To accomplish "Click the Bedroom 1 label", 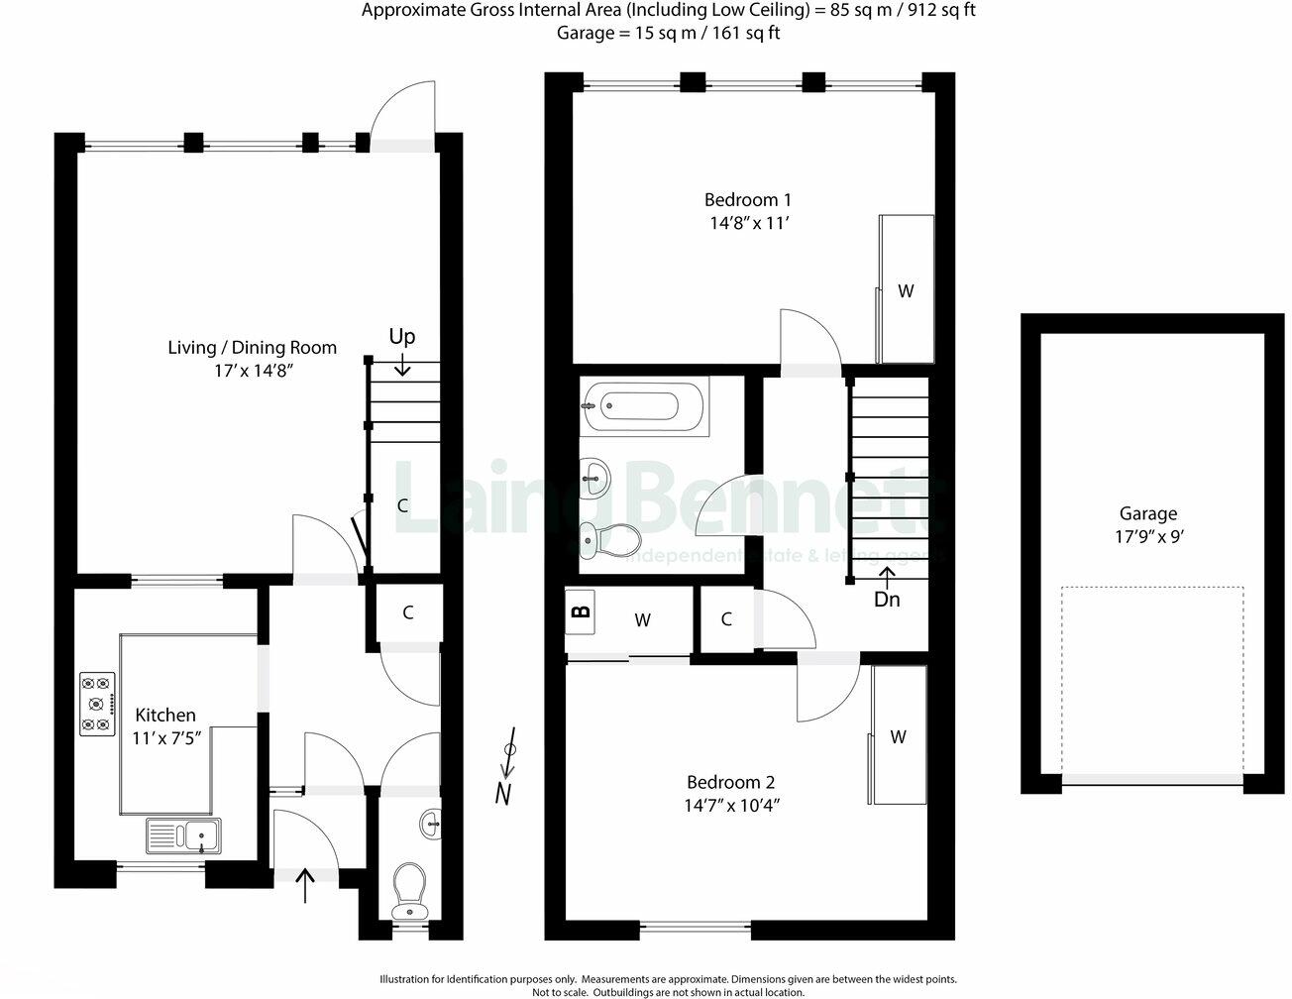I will [x=747, y=198].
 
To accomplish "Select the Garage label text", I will [x=1148, y=513].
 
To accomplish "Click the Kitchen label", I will [x=165, y=715].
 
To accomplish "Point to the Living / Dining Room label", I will [x=252, y=347].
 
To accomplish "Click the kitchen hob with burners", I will [x=97, y=704].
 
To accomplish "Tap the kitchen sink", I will [x=184, y=835].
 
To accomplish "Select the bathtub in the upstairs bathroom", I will [x=644, y=405].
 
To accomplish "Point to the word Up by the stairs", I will [x=401, y=337].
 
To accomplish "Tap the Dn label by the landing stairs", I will [x=887, y=599].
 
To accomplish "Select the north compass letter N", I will [x=505, y=793].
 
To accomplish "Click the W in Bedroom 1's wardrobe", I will [x=905, y=291].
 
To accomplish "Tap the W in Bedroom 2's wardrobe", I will [x=898, y=736].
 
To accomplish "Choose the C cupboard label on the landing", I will [x=726, y=619].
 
